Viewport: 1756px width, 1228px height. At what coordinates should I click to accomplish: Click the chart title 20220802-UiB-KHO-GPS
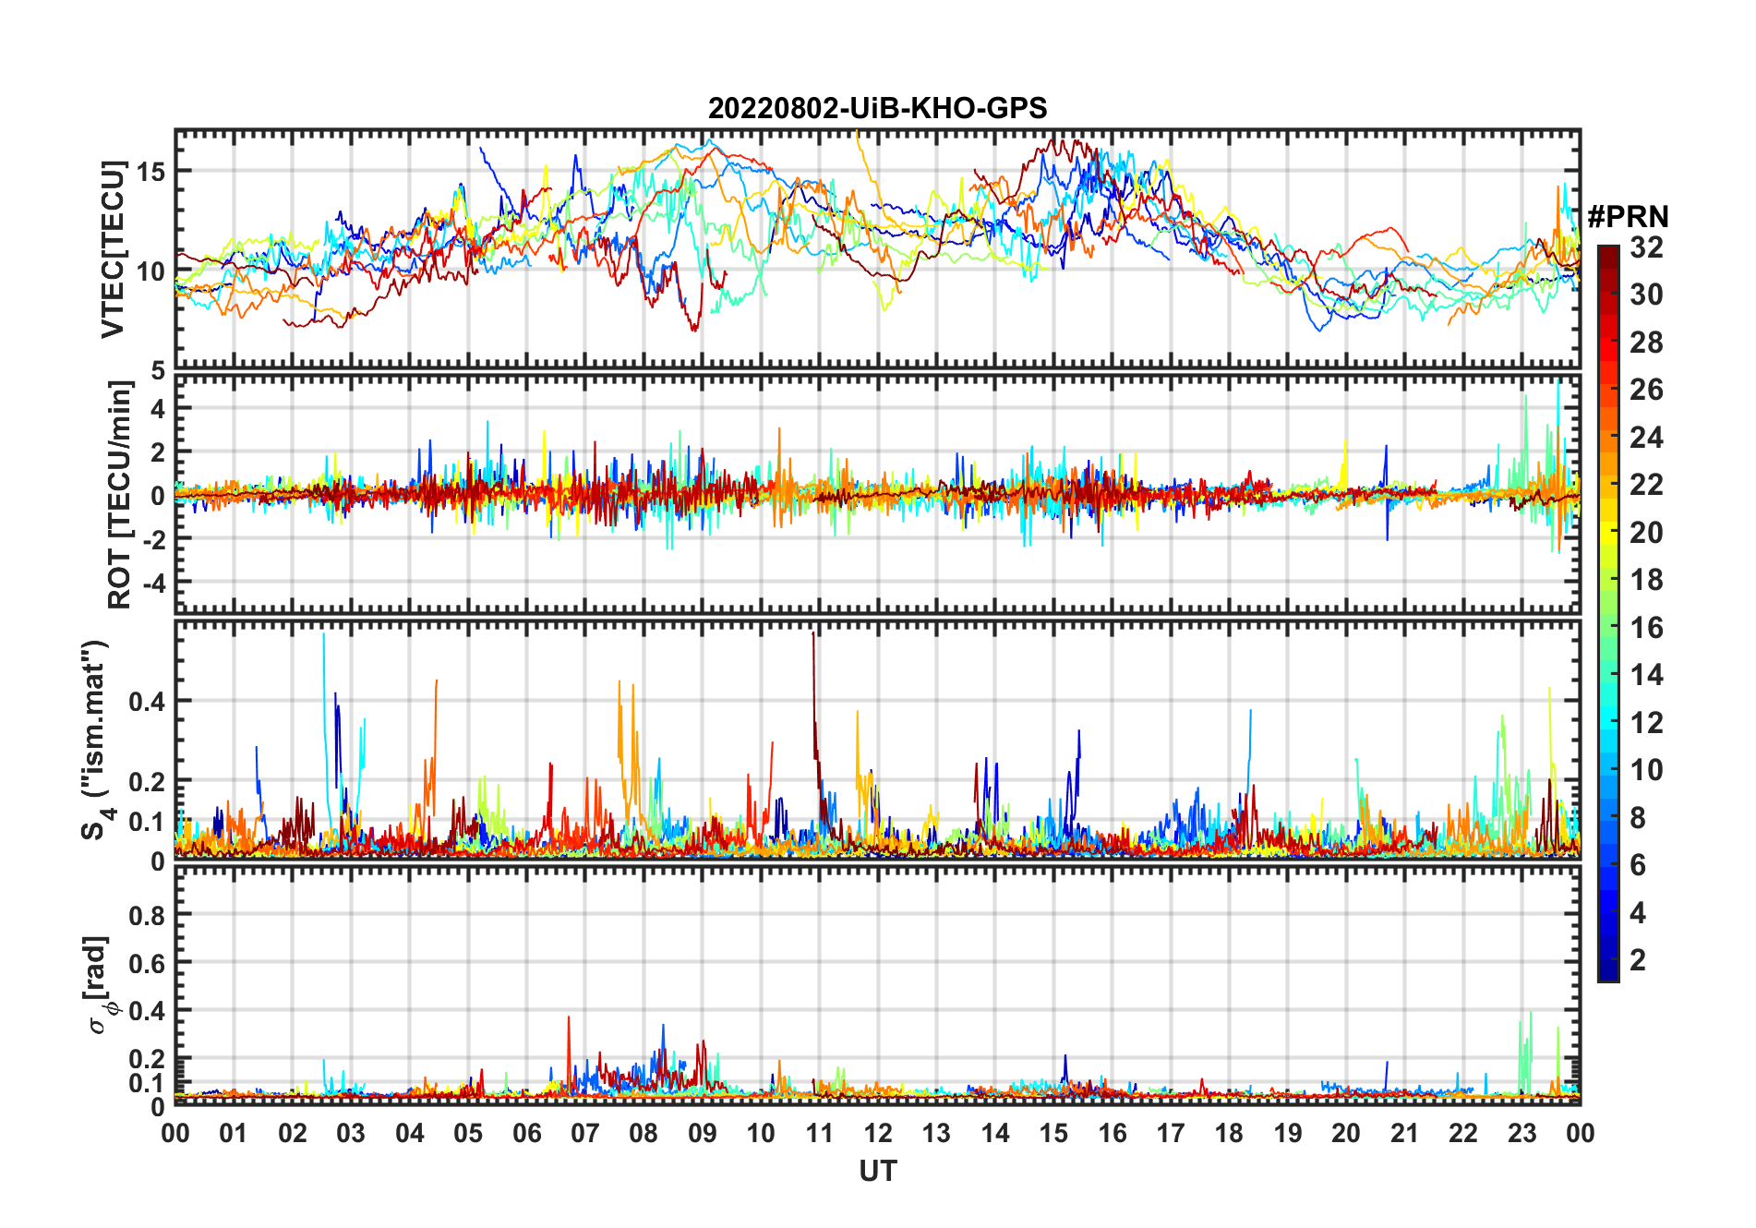click(x=877, y=109)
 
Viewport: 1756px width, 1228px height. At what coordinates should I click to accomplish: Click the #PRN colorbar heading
click(x=1628, y=217)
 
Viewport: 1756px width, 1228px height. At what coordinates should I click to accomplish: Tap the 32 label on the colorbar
click(x=1646, y=247)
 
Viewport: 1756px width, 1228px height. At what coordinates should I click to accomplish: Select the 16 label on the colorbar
click(x=1646, y=628)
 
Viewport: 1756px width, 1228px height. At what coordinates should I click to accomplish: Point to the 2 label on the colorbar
click(x=1638, y=960)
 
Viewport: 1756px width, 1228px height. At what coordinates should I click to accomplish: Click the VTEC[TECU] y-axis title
click(x=113, y=249)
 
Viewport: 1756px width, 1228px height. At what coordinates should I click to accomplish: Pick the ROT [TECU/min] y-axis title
click(x=119, y=495)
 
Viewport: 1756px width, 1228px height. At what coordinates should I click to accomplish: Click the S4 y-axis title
click(x=96, y=740)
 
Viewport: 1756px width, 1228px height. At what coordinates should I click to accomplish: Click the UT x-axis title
click(x=877, y=1171)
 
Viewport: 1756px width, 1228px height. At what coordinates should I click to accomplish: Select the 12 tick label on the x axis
click(x=877, y=1133)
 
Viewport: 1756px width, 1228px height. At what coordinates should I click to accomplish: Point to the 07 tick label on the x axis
click(x=584, y=1133)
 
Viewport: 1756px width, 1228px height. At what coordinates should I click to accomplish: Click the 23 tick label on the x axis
click(x=1521, y=1133)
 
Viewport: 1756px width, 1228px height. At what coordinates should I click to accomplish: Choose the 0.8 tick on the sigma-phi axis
click(x=147, y=915)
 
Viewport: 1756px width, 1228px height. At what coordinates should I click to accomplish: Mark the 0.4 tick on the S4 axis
click(x=147, y=701)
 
